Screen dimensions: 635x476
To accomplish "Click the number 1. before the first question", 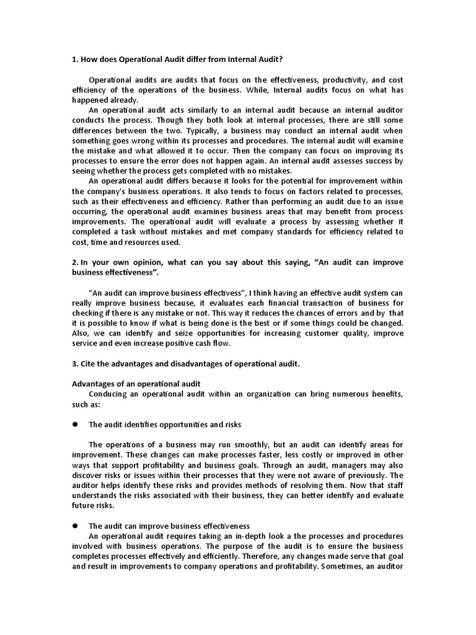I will click(76, 60).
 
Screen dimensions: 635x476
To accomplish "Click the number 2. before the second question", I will click(76, 262).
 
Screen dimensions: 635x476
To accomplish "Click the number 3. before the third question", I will click(76, 364).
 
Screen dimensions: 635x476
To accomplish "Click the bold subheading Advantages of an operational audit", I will click(136, 384).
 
